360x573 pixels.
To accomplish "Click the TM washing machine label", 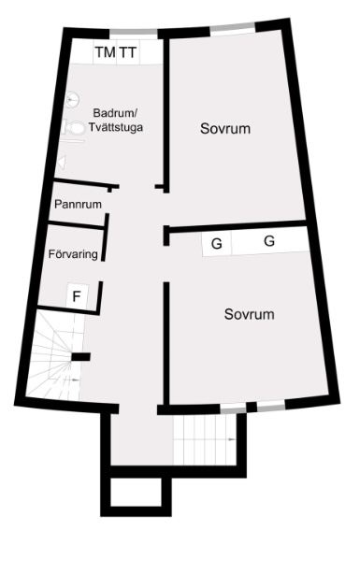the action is pyautogui.click(x=106, y=52).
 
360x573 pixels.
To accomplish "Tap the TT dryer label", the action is pyautogui.click(x=129, y=52).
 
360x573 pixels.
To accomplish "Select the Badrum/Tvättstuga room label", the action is pyautogui.click(x=115, y=121).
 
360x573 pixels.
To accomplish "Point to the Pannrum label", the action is pyautogui.click(x=78, y=204).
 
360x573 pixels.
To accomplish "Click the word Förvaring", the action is pyautogui.click(x=73, y=253).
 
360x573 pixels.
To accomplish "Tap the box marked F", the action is pyautogui.click(x=77, y=296).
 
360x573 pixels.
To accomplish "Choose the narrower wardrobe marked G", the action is pyautogui.click(x=217, y=243).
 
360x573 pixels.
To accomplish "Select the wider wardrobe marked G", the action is pyautogui.click(x=269, y=240).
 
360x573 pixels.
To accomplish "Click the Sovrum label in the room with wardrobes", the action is pyautogui.click(x=250, y=314).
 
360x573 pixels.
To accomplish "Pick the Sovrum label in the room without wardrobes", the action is pyautogui.click(x=225, y=129).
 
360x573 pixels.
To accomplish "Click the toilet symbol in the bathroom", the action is pyautogui.click(x=74, y=129).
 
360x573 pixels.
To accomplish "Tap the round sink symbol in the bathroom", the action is pyautogui.click(x=73, y=100).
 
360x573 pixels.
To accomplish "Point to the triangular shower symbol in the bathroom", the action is pyautogui.click(x=62, y=163).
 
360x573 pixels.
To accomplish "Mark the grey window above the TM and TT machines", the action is pyautogui.click(x=134, y=32).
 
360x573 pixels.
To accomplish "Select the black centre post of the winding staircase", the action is pyautogui.click(x=80, y=357).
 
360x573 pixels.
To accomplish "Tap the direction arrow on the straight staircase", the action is pyautogui.click(x=231, y=439).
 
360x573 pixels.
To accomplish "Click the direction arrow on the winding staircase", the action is pyautogui.click(x=76, y=380).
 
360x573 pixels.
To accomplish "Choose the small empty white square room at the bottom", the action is pyautogui.click(x=136, y=492).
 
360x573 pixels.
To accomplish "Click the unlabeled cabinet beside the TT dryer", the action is pyautogui.click(x=151, y=51).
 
